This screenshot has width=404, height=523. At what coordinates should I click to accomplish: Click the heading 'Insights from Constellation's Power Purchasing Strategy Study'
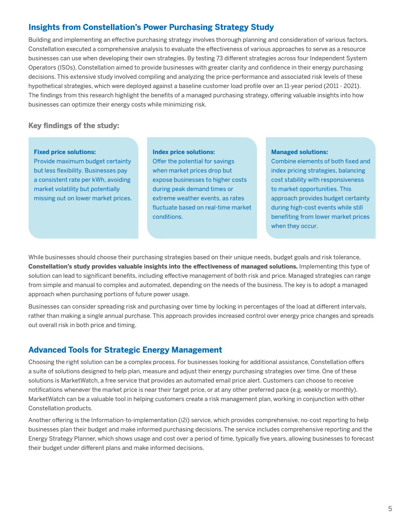click(151, 27)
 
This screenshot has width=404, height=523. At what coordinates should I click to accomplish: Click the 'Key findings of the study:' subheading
click(73, 126)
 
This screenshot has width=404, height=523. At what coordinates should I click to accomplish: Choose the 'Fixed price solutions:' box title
click(65, 152)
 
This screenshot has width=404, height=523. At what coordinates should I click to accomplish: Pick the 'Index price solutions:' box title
click(184, 152)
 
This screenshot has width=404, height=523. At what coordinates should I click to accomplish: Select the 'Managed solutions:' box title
click(299, 152)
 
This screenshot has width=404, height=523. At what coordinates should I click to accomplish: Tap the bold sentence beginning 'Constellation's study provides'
click(163, 266)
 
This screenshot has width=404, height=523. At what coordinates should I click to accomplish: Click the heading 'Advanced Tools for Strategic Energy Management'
click(125, 350)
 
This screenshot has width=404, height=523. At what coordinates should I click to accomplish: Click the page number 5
click(390, 509)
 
